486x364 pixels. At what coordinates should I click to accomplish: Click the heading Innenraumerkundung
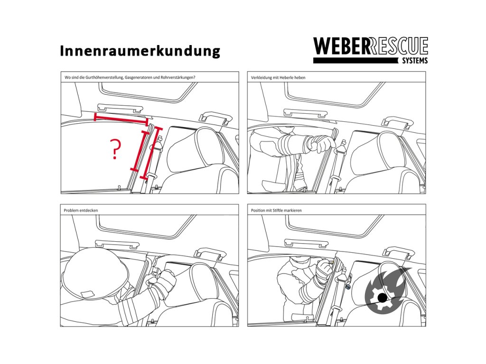pos(140,51)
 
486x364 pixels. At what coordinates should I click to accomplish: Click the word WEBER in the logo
pos(341,46)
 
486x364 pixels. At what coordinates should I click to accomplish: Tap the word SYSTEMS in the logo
pos(414,61)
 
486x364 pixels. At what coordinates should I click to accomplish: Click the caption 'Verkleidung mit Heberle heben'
pos(278,78)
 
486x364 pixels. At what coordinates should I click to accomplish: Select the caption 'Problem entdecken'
pos(81,210)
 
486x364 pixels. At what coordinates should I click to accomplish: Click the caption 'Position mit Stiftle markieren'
pos(276,210)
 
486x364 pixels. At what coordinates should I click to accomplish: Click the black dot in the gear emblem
pos(383,298)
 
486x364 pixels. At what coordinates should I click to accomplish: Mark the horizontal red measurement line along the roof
pos(121,119)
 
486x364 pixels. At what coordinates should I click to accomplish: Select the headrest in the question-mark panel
pos(198,150)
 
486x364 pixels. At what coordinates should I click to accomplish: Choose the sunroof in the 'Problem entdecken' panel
pos(146,227)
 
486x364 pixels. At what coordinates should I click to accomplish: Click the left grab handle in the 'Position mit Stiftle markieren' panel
pos(306,243)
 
